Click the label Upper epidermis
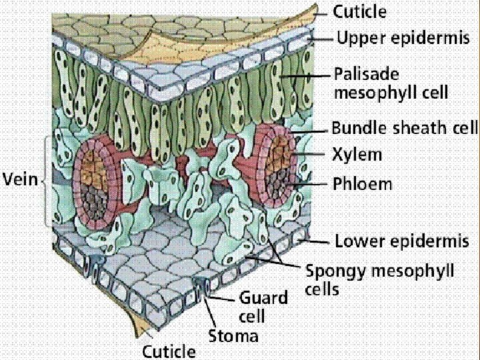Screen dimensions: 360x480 pyautogui.click(x=403, y=39)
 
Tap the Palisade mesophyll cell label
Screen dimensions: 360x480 pyautogui.click(x=391, y=82)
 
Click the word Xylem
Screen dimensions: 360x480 pyautogui.click(x=357, y=155)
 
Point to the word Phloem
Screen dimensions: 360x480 pyautogui.click(x=363, y=183)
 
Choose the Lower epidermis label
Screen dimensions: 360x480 pyautogui.click(x=407, y=240)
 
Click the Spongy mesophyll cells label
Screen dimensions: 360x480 pyautogui.click(x=380, y=279)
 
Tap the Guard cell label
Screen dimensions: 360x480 pyautogui.click(x=263, y=306)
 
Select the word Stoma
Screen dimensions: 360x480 pyautogui.click(x=233, y=335)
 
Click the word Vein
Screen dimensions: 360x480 pyautogui.click(x=20, y=179)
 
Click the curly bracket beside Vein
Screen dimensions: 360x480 pyautogui.click(x=47, y=180)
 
